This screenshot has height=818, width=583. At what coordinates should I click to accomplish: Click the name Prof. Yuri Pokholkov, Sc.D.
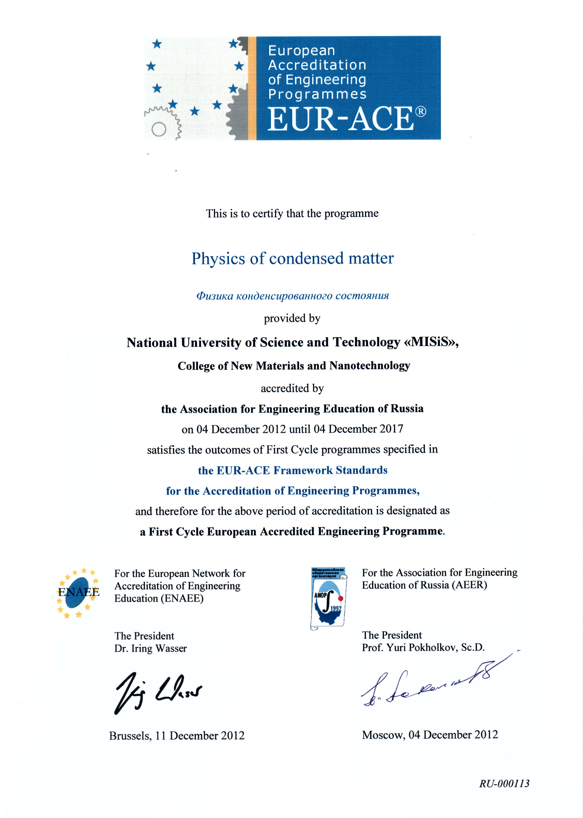423,647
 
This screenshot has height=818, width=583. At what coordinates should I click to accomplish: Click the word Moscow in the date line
383,735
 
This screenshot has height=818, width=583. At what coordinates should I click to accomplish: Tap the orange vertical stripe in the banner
252,88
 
